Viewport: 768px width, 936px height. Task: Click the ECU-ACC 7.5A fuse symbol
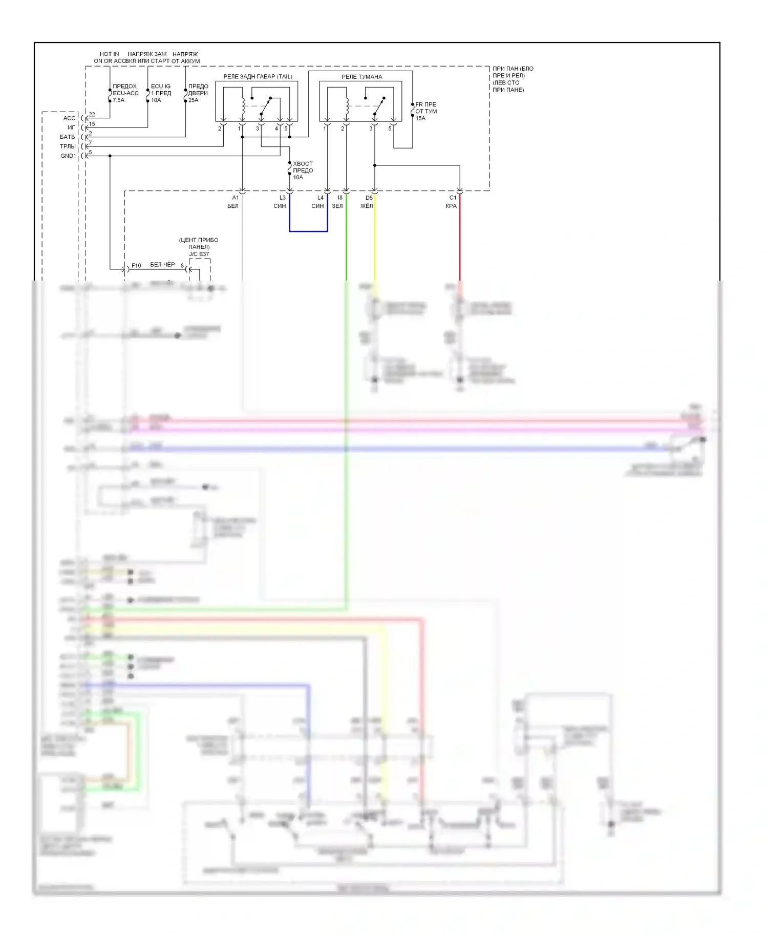pos(110,95)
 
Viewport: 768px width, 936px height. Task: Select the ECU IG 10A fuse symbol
pos(148,95)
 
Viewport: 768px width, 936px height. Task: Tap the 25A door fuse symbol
pos(185,95)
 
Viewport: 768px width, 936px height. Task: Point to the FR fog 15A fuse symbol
pos(413,110)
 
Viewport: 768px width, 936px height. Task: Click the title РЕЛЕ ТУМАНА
pos(361,77)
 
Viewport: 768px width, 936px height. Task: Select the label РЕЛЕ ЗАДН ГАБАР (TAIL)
pos(258,77)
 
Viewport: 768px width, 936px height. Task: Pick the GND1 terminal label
pos(68,156)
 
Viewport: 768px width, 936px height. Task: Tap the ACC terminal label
pos(69,118)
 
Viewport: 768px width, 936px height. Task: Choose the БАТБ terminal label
pos(67,137)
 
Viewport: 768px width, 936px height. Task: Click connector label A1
pos(236,198)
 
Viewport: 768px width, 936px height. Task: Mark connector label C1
pos(453,198)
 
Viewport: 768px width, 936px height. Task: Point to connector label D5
pos(369,198)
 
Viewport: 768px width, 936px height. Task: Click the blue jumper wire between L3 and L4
pos(308,231)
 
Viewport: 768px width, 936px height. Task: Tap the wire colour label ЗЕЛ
pos(337,206)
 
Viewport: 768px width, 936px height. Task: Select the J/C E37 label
pos(199,254)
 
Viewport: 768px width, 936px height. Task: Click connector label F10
pos(136,265)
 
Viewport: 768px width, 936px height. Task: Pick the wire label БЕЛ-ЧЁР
pos(162,265)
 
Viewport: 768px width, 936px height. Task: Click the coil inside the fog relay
pos(347,106)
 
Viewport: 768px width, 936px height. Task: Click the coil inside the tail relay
pos(243,106)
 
